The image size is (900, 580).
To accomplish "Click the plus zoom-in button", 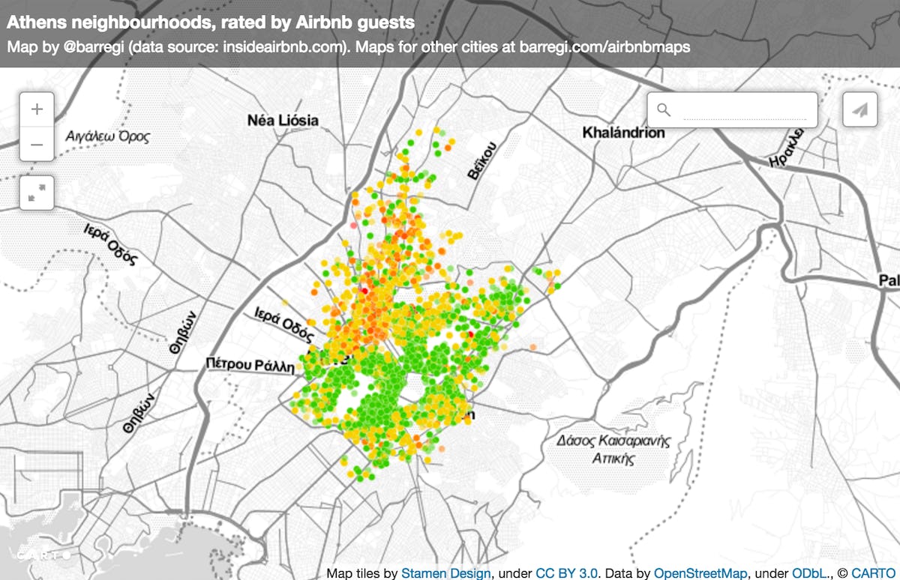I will [x=37, y=109].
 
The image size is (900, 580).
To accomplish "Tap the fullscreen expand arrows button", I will [x=37, y=193].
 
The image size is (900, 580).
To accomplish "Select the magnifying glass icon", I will [x=663, y=110].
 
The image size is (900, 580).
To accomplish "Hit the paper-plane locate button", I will [x=859, y=110].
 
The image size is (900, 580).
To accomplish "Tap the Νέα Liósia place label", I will [x=283, y=120].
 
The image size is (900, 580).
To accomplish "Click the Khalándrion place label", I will [x=623, y=133].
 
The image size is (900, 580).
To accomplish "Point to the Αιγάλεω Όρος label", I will [x=107, y=137].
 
